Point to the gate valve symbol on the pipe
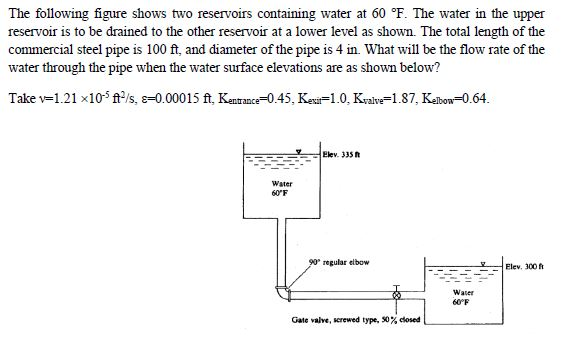[396, 296]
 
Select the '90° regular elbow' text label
[339, 262]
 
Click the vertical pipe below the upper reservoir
[279, 250]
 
